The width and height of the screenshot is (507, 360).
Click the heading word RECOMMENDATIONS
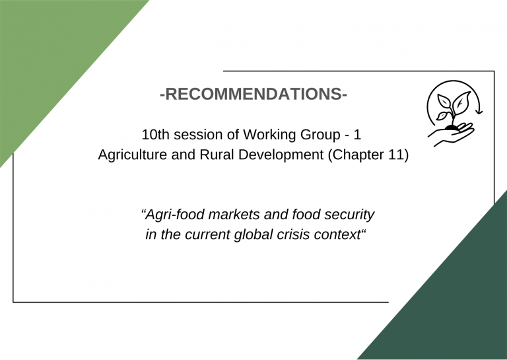(253, 94)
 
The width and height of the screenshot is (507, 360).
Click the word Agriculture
(133, 155)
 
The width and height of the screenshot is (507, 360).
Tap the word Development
(281, 155)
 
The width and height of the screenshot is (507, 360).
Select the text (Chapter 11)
(368, 155)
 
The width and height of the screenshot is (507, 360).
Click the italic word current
(207, 234)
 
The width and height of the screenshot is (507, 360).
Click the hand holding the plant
(452, 135)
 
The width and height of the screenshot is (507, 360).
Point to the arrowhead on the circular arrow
(479, 112)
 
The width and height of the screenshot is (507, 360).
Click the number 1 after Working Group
(357, 135)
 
